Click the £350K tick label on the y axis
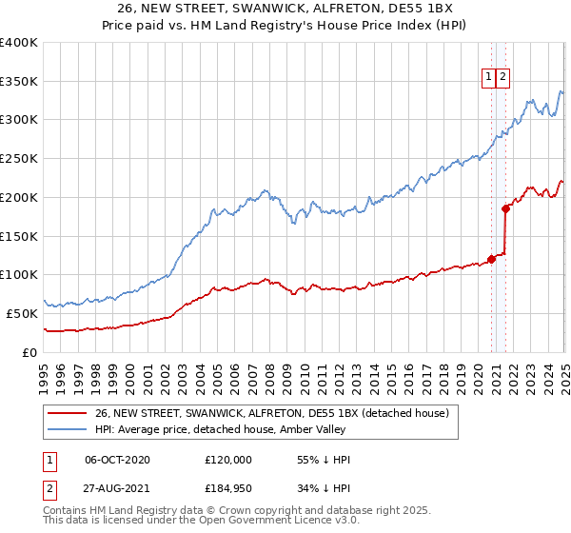click(19, 82)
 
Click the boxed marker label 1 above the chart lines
click(488, 78)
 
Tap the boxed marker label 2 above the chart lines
click(502, 78)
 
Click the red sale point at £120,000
click(492, 259)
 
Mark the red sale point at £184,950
click(506, 208)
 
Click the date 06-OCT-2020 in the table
click(117, 460)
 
